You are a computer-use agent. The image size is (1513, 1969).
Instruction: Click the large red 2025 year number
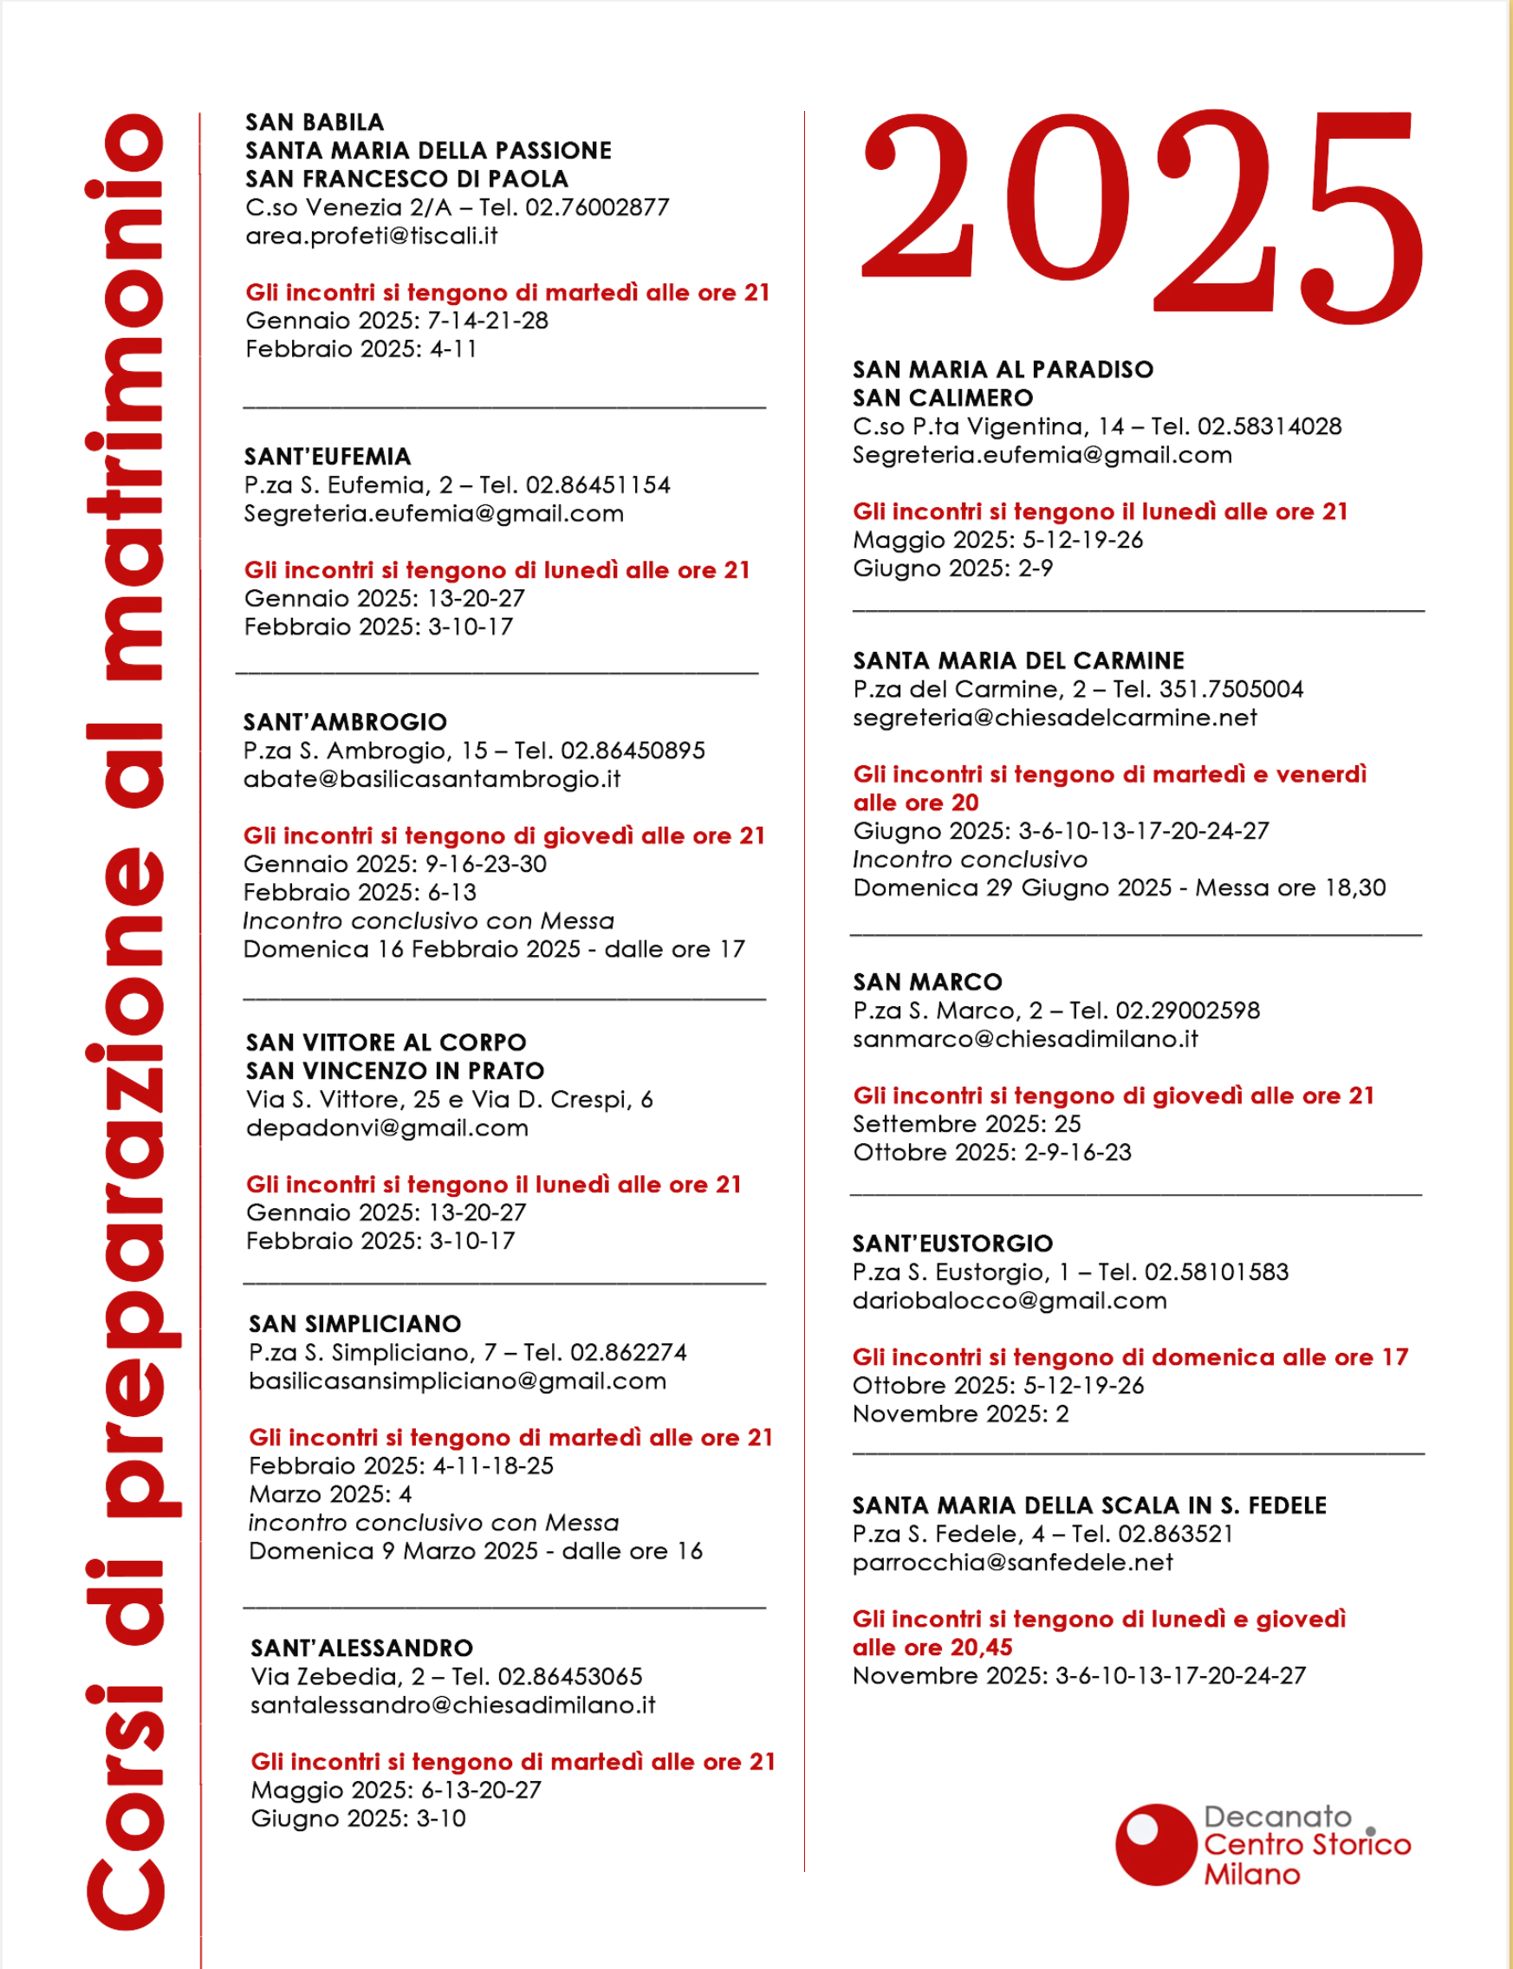(1142, 211)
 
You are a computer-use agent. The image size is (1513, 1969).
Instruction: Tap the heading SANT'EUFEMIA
(327, 457)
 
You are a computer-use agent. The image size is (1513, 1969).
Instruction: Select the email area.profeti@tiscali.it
(371, 236)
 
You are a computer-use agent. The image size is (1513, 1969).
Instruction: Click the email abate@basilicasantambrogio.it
(432, 779)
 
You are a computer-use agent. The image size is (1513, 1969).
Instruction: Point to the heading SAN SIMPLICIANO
(354, 1324)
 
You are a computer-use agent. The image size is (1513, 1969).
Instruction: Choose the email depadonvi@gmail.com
(386, 1128)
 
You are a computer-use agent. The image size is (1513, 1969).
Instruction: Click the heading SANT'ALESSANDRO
(361, 1648)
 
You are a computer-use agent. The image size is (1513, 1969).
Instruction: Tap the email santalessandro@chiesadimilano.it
(452, 1705)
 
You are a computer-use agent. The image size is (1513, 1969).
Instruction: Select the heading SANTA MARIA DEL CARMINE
(1017, 661)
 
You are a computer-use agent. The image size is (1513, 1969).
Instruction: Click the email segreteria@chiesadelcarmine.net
(1054, 718)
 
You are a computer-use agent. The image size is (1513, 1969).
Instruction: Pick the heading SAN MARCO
(926, 983)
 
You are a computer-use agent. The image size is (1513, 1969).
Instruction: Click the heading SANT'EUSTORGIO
(952, 1244)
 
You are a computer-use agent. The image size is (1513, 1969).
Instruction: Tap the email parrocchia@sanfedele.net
(1012, 1563)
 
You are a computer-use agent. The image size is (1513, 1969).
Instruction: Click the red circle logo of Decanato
(1154, 1845)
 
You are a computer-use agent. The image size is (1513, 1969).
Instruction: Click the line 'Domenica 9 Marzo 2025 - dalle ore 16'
(475, 1551)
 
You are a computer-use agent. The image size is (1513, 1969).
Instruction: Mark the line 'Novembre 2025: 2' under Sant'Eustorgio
(960, 1414)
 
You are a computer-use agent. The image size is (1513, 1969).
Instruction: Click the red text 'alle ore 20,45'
(932, 1647)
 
